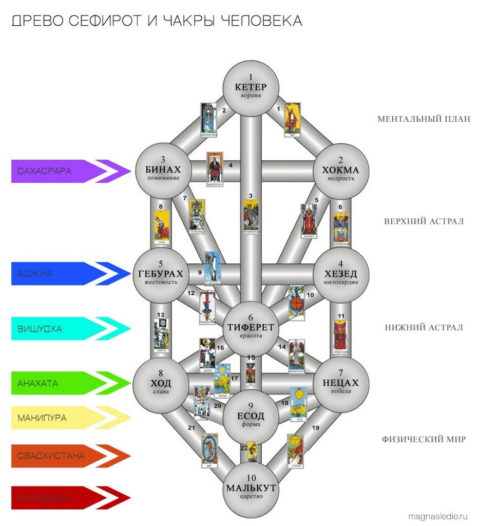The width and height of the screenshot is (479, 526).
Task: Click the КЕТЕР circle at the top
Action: coord(251,87)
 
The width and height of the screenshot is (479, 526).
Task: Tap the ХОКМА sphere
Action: coord(340,170)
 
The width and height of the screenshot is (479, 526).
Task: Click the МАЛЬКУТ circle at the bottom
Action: coord(251,489)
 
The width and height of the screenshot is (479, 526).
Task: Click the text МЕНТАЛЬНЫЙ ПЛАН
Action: coord(424,119)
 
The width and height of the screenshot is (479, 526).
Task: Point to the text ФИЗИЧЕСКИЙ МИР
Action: coord(424,440)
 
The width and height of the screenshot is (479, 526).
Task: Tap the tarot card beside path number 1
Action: coord(292,120)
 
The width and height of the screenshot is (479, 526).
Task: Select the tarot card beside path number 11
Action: coord(340,336)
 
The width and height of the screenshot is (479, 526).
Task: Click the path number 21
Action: coord(191,428)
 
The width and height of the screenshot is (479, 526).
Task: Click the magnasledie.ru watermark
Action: coord(438,515)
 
